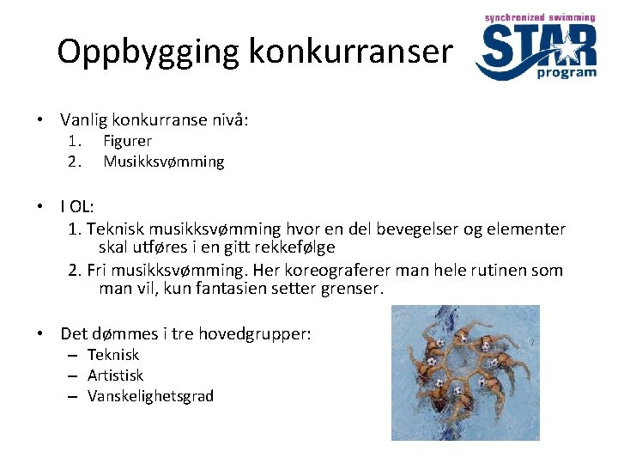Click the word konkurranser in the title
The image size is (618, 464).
pos(350,53)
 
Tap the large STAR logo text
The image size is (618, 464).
pos(536,47)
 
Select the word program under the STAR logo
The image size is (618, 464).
pos(566,73)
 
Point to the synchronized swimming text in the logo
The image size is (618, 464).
pos(539,16)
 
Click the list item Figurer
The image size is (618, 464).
pos(127,141)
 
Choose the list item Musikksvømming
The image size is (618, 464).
pos(163,162)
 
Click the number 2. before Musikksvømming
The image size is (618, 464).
pos(75,162)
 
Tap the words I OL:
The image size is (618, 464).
pos(77,207)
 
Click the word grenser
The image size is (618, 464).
pos(351,289)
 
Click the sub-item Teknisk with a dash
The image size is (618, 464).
pos(113,355)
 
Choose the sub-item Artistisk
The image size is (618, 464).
pos(115,375)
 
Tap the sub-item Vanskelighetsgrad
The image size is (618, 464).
pos(150,396)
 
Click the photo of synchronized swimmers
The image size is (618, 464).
pos(465,373)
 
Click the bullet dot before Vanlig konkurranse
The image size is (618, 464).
pos(40,120)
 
